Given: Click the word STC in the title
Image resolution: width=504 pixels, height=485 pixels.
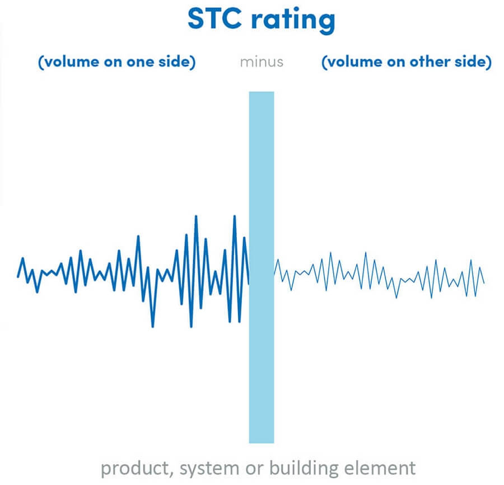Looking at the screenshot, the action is [x=214, y=18].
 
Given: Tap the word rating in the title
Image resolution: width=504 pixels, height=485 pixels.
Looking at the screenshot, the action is [x=293, y=21].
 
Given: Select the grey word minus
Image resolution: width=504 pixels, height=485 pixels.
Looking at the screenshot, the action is [x=262, y=62].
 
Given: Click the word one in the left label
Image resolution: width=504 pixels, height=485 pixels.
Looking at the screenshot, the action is [x=140, y=62].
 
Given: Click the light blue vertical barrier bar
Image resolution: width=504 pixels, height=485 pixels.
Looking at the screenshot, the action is [x=262, y=267].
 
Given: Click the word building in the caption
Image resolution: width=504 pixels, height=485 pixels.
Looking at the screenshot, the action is [x=304, y=468].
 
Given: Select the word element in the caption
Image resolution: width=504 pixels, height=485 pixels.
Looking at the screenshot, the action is [x=380, y=468].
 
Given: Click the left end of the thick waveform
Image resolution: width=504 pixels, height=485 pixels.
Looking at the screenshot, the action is [x=18, y=277].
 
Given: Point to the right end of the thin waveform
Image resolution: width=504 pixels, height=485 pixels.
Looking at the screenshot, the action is [x=484, y=283].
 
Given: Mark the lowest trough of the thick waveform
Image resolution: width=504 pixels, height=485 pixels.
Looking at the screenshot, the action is [x=153, y=327].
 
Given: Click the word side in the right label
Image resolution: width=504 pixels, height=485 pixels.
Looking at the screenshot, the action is [x=473, y=62].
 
